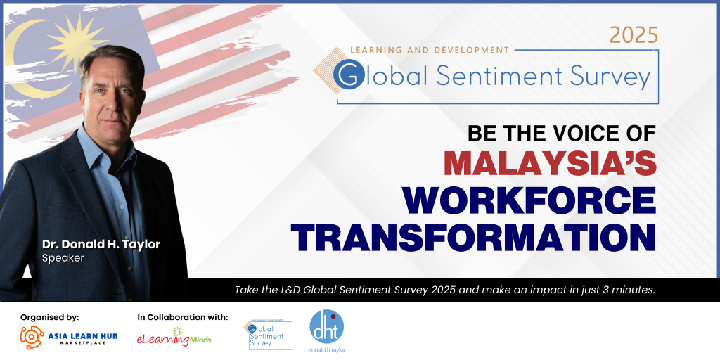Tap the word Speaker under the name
(62, 258)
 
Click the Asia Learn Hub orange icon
(32, 338)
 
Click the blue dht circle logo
(327, 327)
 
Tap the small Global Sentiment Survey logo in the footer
(268, 334)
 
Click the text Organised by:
(49, 317)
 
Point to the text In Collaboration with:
(183, 317)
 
